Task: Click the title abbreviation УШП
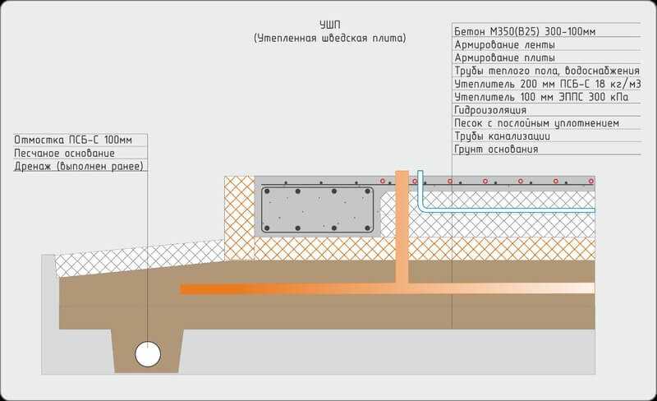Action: (330, 25)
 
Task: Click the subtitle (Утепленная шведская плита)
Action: (330, 38)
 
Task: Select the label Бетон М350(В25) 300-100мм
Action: (525, 31)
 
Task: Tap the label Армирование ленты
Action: (504, 44)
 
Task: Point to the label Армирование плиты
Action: (504, 58)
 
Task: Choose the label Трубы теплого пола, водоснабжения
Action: (547, 71)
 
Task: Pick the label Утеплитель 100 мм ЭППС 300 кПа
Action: (541, 97)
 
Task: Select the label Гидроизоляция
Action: (490, 110)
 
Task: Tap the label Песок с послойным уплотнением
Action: (536, 123)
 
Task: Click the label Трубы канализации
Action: (502, 136)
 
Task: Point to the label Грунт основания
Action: (496, 149)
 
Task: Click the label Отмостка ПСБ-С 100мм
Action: (73, 140)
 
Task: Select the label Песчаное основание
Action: (64, 153)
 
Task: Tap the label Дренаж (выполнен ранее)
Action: (79, 166)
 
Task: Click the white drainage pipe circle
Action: (148, 354)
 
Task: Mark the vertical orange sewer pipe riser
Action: (402, 227)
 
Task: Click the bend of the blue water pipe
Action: (422, 207)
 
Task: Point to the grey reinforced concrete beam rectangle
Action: (317, 210)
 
